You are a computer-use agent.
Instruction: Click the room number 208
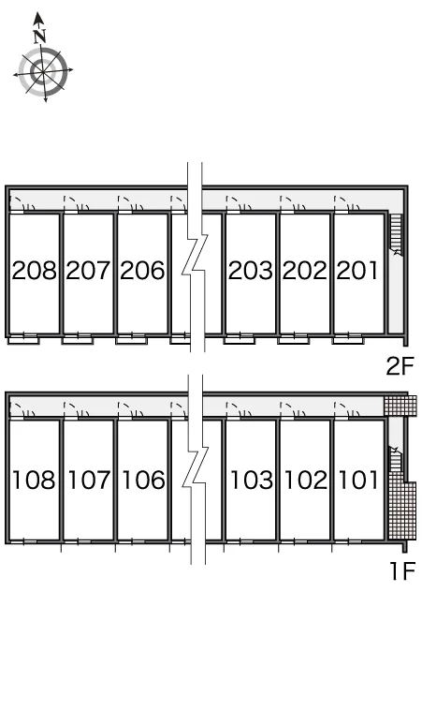(x=35, y=271)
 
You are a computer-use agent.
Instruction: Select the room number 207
(x=88, y=271)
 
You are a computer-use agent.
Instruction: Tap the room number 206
(x=142, y=271)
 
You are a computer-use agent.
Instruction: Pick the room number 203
(x=251, y=271)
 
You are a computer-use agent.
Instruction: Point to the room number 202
(x=305, y=271)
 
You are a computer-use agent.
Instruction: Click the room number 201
(x=357, y=271)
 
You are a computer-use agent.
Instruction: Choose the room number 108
(x=35, y=480)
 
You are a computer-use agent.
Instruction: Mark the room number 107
(x=89, y=480)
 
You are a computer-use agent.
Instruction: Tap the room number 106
(x=143, y=480)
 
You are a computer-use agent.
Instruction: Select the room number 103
(x=252, y=480)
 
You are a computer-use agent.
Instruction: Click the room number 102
(x=306, y=480)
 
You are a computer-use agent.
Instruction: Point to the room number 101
(x=358, y=480)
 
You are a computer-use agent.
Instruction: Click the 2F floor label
(x=400, y=366)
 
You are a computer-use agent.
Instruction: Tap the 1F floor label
(x=403, y=571)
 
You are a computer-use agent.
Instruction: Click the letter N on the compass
(x=40, y=36)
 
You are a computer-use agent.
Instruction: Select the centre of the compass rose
(x=43, y=72)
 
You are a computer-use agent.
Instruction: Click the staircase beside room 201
(x=396, y=234)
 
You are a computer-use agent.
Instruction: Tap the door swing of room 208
(x=17, y=201)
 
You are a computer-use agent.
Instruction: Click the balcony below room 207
(x=78, y=340)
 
